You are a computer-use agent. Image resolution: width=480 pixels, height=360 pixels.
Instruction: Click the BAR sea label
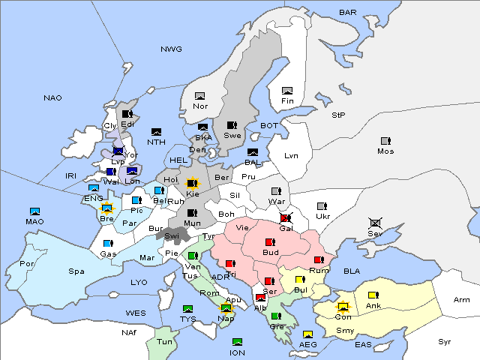pos(348,13)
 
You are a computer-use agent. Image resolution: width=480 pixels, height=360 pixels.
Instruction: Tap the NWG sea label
pos(171,49)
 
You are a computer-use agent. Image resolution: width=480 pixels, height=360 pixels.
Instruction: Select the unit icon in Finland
pos(286,91)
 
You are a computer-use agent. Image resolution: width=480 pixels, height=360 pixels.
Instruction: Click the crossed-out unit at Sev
pos(375,223)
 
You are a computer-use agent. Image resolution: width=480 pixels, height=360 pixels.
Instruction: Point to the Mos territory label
pos(385,151)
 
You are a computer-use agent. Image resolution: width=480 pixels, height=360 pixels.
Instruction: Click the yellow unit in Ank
pos(372,295)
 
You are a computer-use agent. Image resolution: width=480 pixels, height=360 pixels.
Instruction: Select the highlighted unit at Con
pos(343,307)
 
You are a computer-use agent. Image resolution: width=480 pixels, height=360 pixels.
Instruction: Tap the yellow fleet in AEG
pos(307,334)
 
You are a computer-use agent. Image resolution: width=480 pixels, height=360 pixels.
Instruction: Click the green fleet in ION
pos(237,342)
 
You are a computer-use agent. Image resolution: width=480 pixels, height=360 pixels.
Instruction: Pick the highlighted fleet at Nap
pos(226,307)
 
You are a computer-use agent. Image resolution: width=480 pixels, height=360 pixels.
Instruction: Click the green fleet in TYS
pos(188,308)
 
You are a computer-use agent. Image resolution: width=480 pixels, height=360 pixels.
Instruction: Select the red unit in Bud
pos(270,242)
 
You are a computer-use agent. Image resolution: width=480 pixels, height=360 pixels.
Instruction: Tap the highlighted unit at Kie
pos(192,183)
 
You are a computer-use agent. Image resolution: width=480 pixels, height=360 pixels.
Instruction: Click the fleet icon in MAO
pos(34,211)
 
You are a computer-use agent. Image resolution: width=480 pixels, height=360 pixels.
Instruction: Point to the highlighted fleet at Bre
pos(106,208)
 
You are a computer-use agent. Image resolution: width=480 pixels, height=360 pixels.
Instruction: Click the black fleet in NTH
pos(156,132)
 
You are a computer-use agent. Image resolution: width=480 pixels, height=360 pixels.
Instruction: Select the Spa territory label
pos(76,271)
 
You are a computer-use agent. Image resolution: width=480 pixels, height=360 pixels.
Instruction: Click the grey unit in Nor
pos(199,96)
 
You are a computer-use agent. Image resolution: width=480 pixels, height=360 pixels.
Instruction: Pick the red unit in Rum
pos(319,259)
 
